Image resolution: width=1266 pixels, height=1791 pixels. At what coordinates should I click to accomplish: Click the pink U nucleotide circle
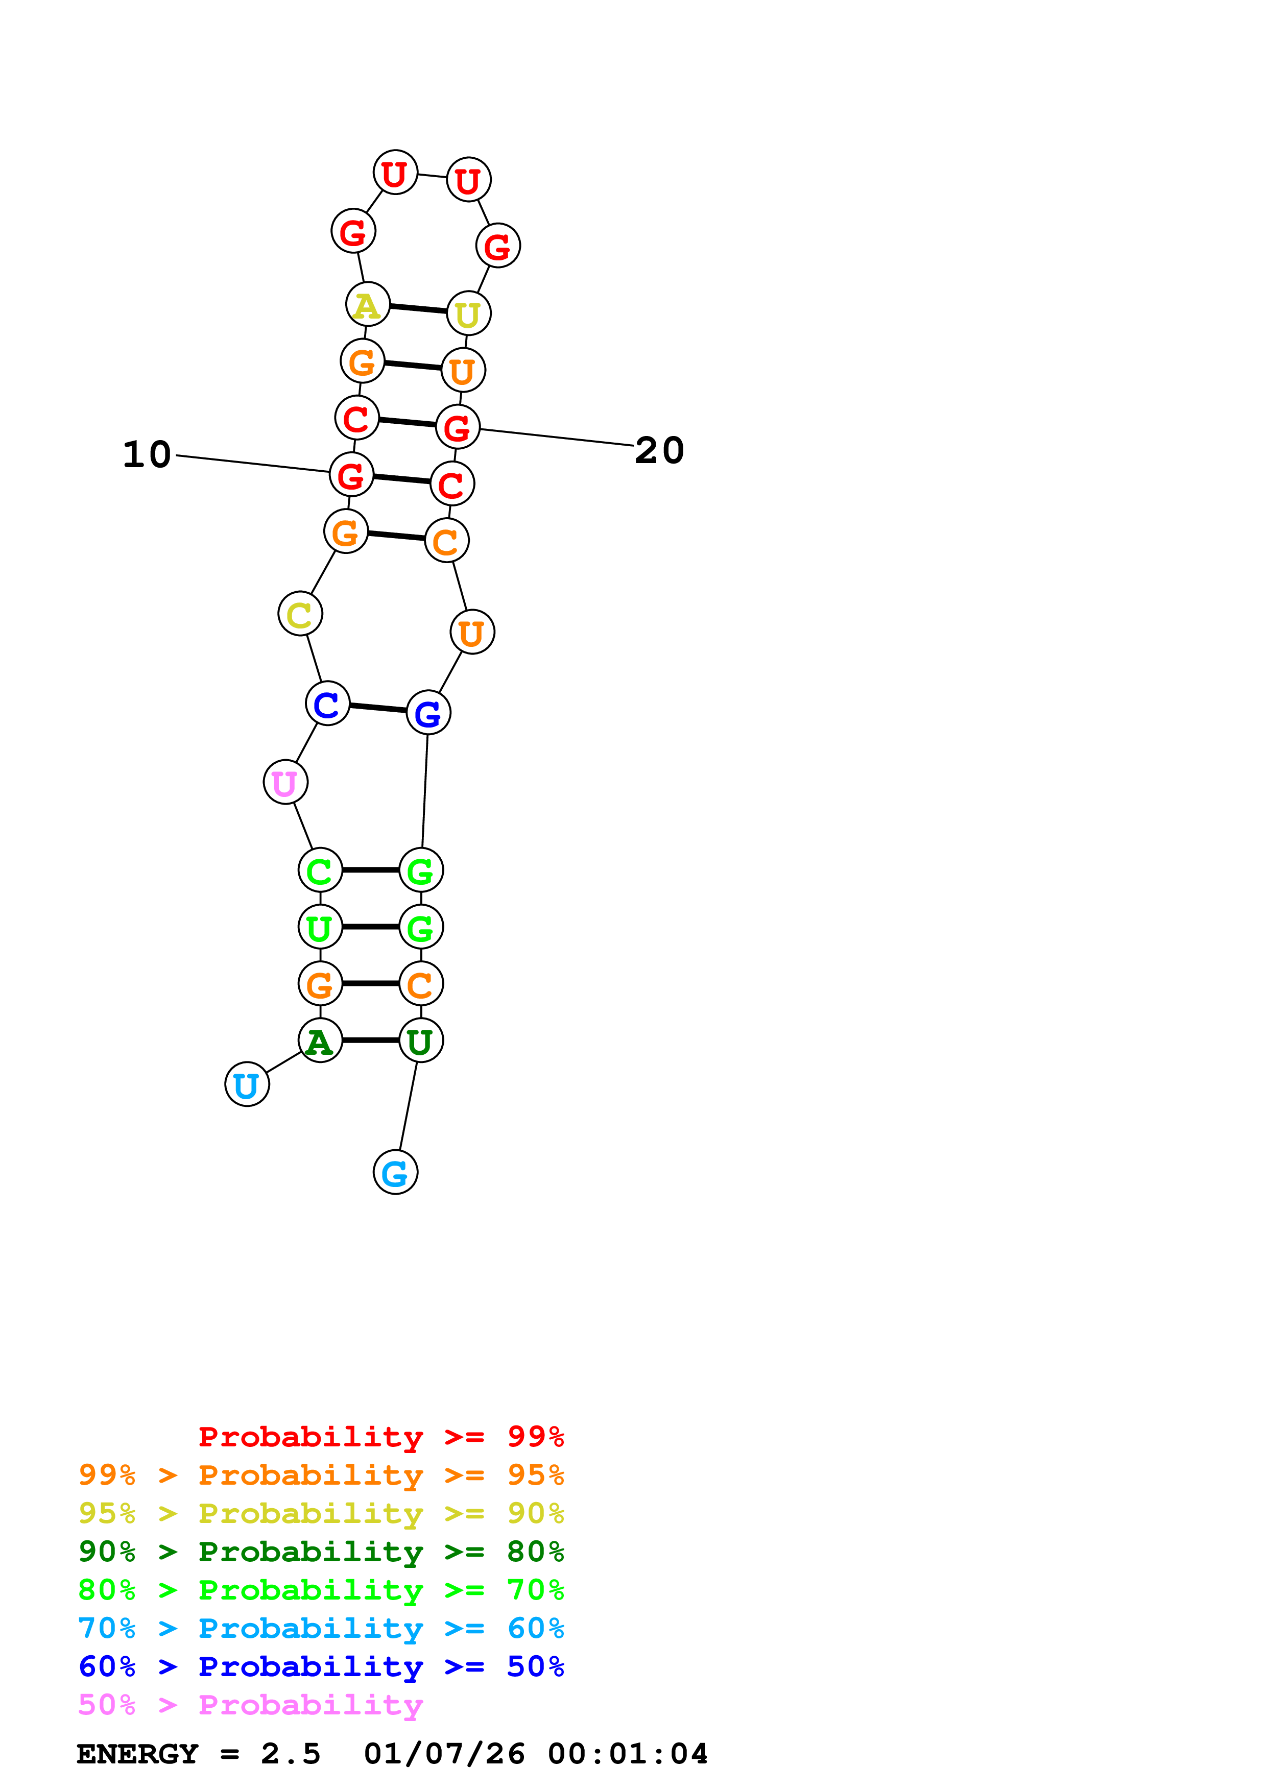(285, 782)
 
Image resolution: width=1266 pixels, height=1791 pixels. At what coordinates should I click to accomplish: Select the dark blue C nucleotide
(327, 703)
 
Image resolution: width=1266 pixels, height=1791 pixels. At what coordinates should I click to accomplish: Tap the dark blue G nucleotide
(428, 712)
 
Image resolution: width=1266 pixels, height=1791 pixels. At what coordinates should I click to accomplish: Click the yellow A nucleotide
(367, 304)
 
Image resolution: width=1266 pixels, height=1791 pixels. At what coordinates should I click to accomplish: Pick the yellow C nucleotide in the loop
(300, 614)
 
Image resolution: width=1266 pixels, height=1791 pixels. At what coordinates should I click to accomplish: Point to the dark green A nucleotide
(320, 1040)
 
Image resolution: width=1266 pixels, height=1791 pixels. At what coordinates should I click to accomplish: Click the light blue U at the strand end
(247, 1084)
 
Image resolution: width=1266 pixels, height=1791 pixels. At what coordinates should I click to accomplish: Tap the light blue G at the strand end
(395, 1172)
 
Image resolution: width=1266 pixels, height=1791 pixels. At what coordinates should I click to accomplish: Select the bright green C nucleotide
(320, 870)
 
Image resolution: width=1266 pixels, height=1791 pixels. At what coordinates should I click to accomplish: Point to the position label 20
(659, 450)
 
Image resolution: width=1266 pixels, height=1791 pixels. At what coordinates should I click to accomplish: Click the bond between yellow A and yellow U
(418, 309)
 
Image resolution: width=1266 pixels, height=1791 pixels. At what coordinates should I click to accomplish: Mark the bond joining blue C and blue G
(377, 708)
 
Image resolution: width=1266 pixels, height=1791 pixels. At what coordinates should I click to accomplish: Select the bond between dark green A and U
(371, 1040)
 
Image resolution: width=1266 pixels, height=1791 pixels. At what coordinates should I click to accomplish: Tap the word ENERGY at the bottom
(137, 1754)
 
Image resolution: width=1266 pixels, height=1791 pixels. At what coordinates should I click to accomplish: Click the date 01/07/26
(444, 1754)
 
